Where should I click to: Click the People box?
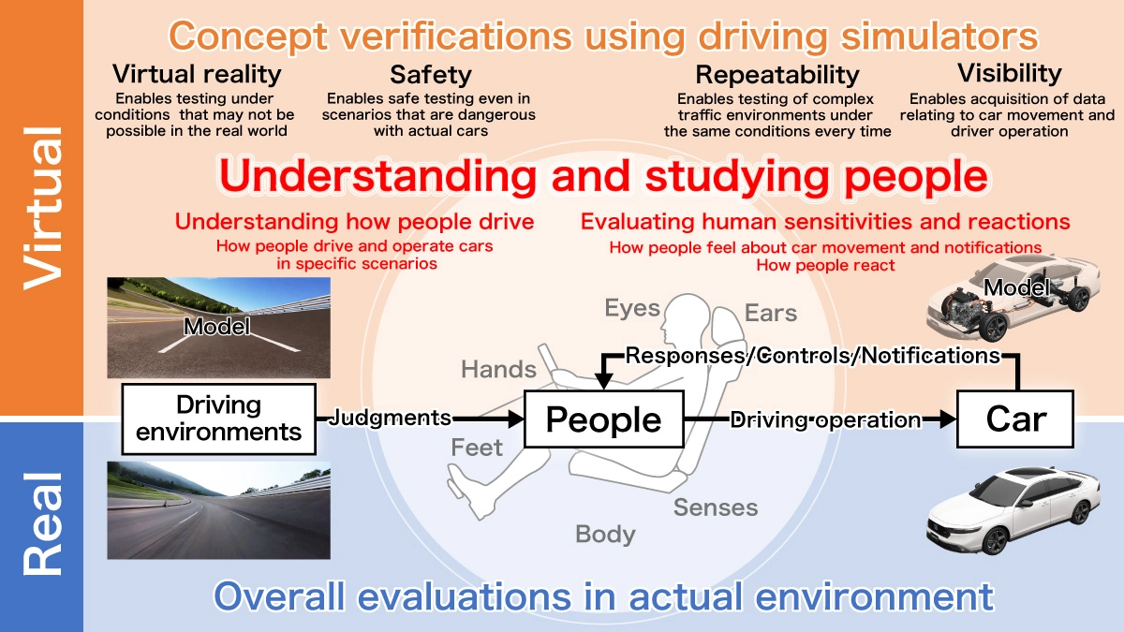603,420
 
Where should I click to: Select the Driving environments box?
218,418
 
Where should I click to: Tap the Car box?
1015,419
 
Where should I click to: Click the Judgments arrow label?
390,419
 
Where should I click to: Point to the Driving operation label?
825,419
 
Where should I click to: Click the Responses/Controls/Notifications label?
812,356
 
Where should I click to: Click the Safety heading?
431,74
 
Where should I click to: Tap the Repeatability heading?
777,74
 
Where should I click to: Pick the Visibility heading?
1009,73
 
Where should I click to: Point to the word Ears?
771,313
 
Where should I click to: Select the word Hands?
498,370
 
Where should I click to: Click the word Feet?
477,448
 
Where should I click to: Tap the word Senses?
716,507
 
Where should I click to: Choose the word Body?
605,535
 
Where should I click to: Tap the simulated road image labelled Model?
218,326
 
